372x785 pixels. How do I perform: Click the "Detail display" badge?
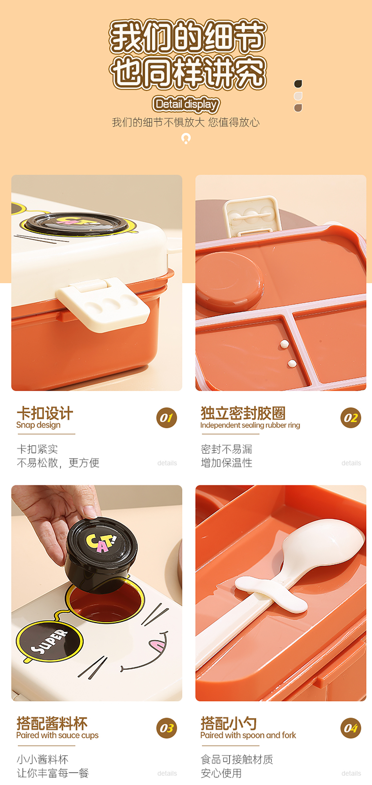click(186, 104)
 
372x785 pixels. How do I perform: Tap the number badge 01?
click(166, 418)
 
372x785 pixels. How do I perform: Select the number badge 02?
click(351, 418)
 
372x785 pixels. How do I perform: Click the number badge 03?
click(166, 728)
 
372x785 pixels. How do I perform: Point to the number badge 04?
click(351, 728)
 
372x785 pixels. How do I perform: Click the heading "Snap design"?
click(38, 425)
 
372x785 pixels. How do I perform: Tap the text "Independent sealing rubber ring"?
click(250, 425)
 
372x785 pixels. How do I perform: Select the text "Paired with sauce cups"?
click(57, 735)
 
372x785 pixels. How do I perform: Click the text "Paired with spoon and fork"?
click(248, 735)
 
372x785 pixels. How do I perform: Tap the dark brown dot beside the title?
click(298, 84)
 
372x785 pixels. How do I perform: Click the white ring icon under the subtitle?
click(186, 138)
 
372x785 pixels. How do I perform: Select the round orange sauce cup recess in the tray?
click(229, 281)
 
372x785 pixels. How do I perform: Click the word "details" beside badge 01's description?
click(167, 463)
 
